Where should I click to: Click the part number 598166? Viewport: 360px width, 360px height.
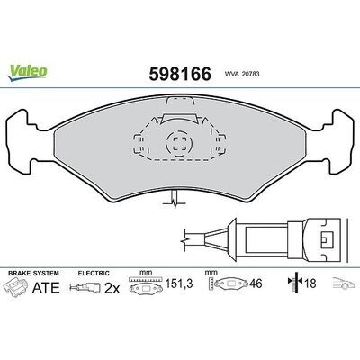(180, 74)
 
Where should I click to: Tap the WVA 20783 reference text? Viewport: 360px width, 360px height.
(242, 74)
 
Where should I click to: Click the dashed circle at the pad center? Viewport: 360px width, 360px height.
(180, 144)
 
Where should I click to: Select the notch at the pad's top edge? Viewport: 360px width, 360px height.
(180, 102)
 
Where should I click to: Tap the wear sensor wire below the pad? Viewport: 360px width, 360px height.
(175, 200)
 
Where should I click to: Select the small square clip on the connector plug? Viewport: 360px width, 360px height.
(327, 240)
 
